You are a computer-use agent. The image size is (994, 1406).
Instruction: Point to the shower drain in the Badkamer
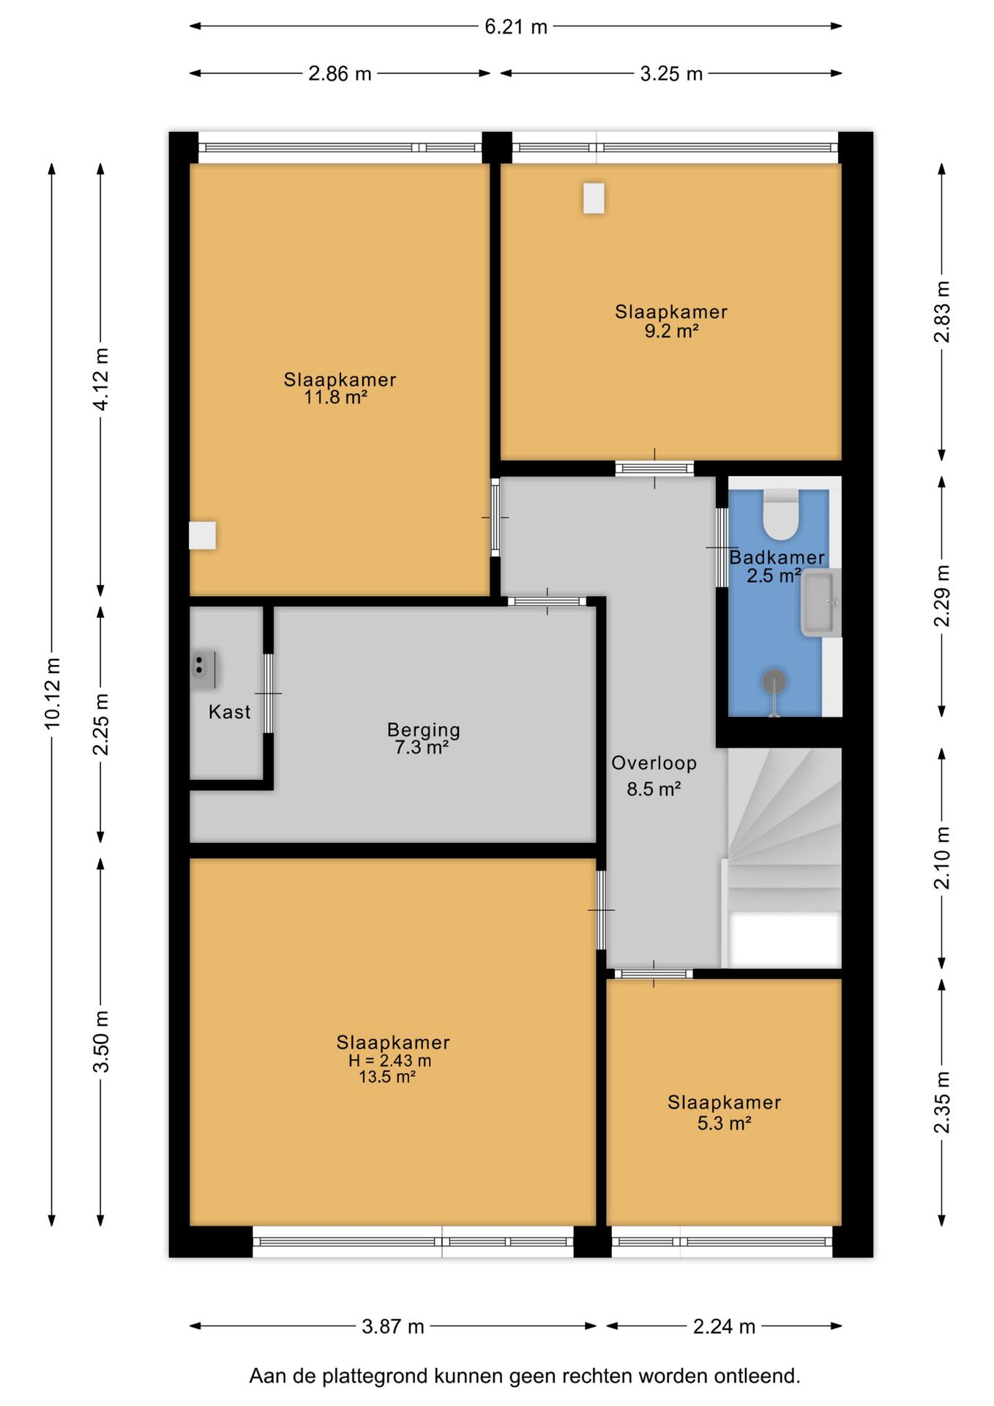(774, 682)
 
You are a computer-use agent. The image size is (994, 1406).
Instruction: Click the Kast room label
(229, 712)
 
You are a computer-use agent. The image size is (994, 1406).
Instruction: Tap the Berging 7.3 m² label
(423, 738)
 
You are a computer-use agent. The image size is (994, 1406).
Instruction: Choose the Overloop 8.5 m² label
(654, 775)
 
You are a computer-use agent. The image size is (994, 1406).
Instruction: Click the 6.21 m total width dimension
(515, 27)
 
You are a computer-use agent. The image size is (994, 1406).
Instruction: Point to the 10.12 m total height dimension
(53, 693)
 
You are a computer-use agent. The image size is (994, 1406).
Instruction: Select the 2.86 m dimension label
(340, 74)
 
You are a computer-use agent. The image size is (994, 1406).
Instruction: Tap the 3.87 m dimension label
(393, 1326)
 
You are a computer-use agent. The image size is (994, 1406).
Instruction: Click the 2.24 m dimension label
(724, 1326)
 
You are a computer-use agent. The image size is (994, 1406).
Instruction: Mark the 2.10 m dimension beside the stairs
(942, 858)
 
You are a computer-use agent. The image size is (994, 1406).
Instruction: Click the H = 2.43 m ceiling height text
(389, 1061)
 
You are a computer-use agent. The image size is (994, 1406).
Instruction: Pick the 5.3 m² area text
(724, 1123)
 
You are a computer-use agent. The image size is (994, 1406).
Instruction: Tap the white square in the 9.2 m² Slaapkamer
(594, 198)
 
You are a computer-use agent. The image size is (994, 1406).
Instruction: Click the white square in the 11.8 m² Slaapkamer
(202, 535)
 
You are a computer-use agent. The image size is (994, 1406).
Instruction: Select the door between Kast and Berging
(268, 693)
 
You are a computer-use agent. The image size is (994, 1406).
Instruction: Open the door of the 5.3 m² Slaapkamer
(654, 974)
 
